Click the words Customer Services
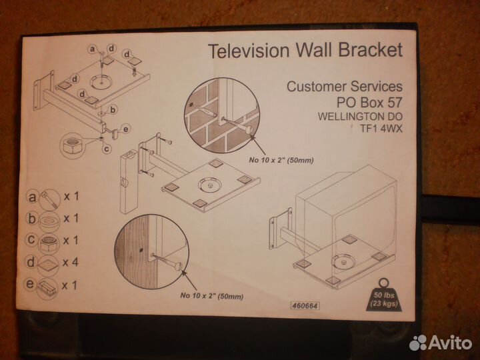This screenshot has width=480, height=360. click(x=344, y=87)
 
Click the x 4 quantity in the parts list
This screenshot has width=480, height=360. click(x=71, y=262)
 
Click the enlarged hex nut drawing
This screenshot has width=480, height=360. click(x=74, y=145)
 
